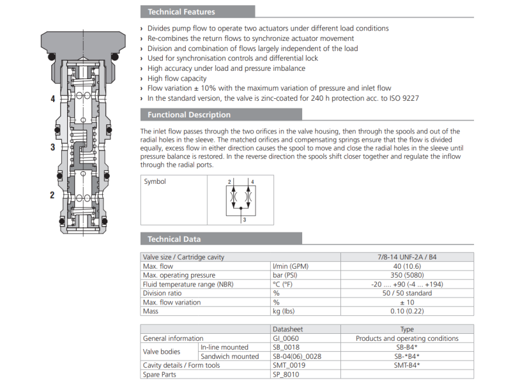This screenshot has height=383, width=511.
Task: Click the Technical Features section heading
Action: (x=181, y=11)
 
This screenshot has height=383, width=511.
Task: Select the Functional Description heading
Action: (x=189, y=115)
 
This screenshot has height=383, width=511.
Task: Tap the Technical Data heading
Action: (x=174, y=239)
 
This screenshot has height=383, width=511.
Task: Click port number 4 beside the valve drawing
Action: (x=52, y=99)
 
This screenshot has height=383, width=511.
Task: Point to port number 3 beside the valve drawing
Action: (x=52, y=147)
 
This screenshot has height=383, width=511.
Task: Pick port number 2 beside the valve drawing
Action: (x=52, y=195)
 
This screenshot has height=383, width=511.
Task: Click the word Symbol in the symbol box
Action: (x=155, y=182)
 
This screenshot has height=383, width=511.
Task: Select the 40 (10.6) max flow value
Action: (x=406, y=266)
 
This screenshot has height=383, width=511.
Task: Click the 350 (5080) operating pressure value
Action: (x=406, y=275)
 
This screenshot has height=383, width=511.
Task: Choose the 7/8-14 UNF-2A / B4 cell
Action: (x=406, y=257)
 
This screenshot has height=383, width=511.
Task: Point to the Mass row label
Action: (x=151, y=312)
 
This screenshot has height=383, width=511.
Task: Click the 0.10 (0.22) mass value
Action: (x=406, y=312)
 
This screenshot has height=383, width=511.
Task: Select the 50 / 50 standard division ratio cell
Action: (x=406, y=294)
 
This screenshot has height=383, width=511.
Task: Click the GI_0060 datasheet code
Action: (x=286, y=338)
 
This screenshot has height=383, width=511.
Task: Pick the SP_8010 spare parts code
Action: (x=286, y=375)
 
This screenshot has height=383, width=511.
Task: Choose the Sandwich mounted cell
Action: (x=229, y=356)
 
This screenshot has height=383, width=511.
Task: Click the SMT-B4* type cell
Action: (x=406, y=365)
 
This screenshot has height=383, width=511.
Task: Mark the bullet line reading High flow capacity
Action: (x=177, y=79)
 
